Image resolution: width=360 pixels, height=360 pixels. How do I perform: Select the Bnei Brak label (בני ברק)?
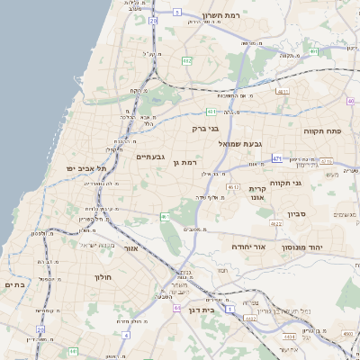click(206, 129)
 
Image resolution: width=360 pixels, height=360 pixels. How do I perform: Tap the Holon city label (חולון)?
click(101, 277)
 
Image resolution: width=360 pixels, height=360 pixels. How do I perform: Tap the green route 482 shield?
click(186, 61)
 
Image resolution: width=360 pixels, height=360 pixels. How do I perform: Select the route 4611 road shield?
click(283, 92)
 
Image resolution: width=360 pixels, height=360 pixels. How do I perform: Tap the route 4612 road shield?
click(233, 186)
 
